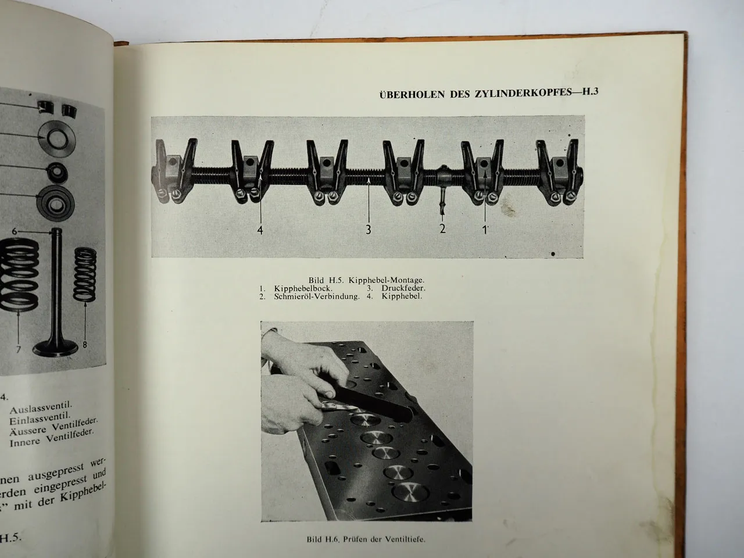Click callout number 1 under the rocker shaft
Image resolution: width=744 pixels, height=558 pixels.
click(484, 228)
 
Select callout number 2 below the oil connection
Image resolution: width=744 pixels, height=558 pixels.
click(442, 228)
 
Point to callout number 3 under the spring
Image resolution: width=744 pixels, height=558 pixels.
click(368, 230)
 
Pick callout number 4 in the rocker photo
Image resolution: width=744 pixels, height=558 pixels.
click(260, 230)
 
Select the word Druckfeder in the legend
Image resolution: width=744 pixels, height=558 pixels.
click(404, 288)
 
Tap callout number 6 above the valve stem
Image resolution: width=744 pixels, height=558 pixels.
click(16, 231)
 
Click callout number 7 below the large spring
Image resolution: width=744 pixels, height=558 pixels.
click(19, 349)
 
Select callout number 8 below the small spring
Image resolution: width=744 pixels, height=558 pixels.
click(85, 344)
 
